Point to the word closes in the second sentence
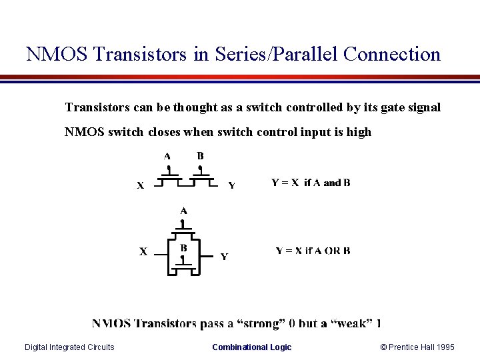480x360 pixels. [x=164, y=132]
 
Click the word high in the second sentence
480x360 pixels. [x=359, y=132]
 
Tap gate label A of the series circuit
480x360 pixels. [x=167, y=157]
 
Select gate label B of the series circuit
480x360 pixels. [x=200, y=156]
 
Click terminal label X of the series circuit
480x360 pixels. [x=141, y=186]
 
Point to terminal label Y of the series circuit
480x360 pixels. [x=231, y=185]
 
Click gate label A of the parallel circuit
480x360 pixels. [x=183, y=211]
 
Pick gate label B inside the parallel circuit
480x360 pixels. [x=183, y=248]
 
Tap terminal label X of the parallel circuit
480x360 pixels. [x=143, y=251]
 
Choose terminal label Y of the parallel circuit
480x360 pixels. [x=224, y=256]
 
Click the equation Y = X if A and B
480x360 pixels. [x=311, y=183]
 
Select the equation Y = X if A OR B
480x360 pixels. [x=313, y=251]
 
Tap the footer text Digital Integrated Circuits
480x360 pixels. [x=69, y=347]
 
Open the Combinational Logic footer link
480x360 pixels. [x=251, y=347]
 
